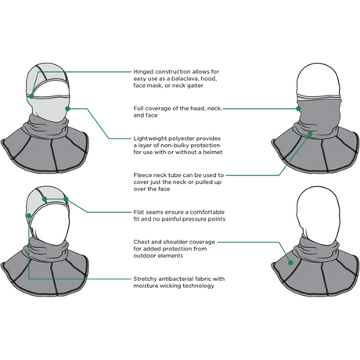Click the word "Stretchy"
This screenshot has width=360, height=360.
pos(146,278)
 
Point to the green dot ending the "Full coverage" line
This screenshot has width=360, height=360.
pos(69,107)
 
